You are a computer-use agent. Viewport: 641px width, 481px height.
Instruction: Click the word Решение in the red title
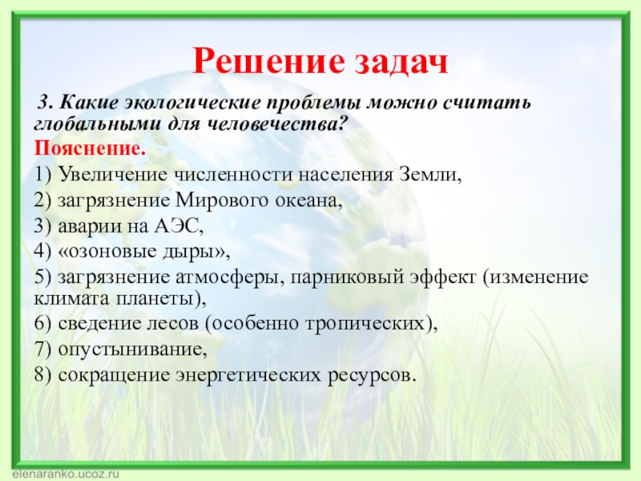(x=269, y=61)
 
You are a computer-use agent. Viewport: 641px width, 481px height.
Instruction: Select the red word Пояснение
(x=90, y=148)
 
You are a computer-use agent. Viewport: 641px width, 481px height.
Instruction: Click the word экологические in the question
(x=192, y=103)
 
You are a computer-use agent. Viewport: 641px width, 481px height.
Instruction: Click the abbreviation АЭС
(x=178, y=225)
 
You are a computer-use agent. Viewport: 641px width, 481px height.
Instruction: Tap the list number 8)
(x=43, y=375)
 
